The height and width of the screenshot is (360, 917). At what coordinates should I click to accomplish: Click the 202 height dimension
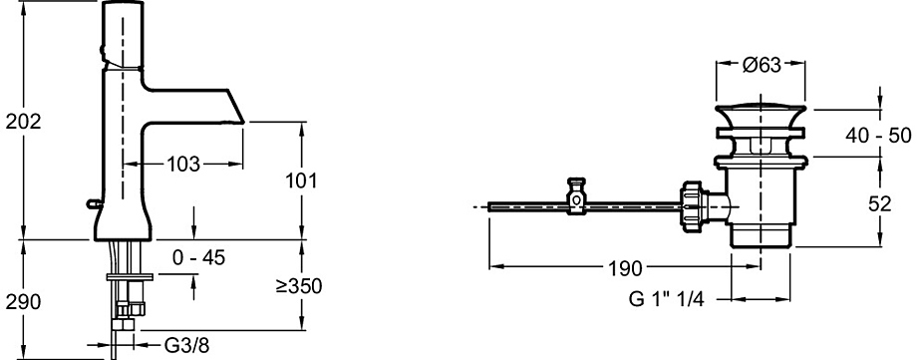pos(23,122)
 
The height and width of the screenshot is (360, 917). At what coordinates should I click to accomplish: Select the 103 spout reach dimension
pos(183,165)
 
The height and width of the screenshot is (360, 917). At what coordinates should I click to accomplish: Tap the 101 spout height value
pos(301,180)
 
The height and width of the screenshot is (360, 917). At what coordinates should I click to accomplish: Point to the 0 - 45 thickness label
pos(199,257)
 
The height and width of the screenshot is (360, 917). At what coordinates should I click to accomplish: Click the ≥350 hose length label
pos(299,286)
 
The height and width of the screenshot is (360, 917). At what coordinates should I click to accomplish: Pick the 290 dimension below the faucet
pos(23,302)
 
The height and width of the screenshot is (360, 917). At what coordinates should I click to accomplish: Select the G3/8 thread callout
pos(186,345)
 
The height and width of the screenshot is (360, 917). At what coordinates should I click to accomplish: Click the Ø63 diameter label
pos(763,65)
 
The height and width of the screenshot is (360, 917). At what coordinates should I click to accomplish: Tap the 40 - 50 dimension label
pos(878,136)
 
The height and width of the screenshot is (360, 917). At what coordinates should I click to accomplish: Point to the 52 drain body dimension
pos(879,203)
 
